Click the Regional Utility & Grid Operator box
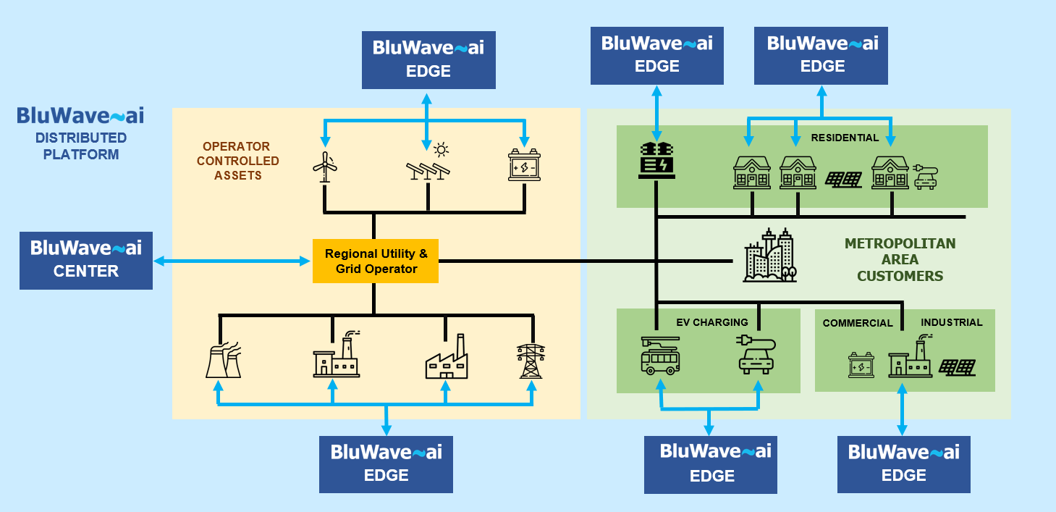376,261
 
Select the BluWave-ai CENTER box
86,260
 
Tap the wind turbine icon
325,166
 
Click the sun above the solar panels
441,150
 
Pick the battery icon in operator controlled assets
524,166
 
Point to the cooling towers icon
223,359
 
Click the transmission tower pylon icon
532,360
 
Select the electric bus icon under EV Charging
660,354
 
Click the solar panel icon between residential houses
844,179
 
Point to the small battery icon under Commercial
861,365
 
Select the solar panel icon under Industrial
957,367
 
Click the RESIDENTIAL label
845,138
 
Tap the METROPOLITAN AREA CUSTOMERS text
900,260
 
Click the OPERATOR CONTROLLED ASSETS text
237,161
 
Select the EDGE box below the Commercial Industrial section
904,464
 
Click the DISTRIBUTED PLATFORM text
80,146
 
